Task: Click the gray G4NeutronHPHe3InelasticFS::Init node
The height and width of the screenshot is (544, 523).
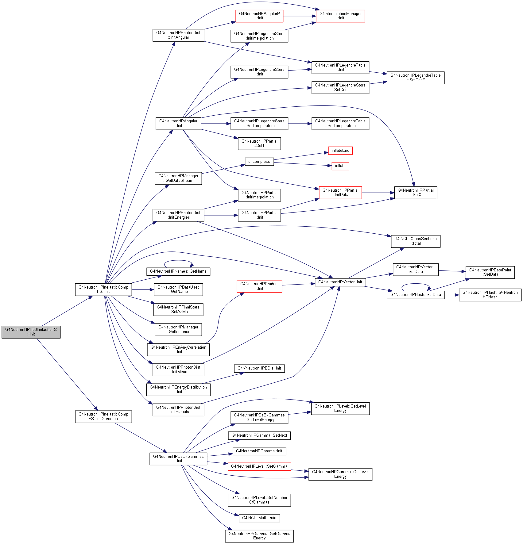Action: [x=31, y=332]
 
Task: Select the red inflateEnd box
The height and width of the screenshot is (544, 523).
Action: [x=340, y=151]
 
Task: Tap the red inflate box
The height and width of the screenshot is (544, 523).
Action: [x=340, y=166]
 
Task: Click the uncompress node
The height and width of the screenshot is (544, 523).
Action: [x=259, y=162]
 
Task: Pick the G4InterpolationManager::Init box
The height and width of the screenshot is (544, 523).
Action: [x=340, y=16]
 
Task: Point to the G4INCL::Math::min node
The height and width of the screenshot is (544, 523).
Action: [x=259, y=518]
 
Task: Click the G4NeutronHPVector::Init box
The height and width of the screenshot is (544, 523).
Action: [x=340, y=282]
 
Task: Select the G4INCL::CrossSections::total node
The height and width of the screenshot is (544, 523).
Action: [x=416, y=241]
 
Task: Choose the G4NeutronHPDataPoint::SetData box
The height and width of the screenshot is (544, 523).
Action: [x=490, y=272]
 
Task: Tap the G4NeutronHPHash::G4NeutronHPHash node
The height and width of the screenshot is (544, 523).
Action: [x=490, y=295]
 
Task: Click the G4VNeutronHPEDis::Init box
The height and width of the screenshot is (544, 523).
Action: [x=259, y=368]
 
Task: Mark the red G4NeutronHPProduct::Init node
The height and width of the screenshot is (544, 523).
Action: [x=259, y=286]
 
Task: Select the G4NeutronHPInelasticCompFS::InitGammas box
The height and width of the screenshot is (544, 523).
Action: [x=103, y=417]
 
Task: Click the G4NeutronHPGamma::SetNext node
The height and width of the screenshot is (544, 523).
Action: [x=259, y=435]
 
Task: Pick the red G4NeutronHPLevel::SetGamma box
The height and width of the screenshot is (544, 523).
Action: [x=259, y=466]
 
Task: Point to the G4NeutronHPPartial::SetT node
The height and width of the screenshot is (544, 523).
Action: [x=259, y=144]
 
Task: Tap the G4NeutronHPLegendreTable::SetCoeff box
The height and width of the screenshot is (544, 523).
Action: [x=416, y=78]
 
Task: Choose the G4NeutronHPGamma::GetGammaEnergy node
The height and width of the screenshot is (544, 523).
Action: [x=259, y=536]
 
